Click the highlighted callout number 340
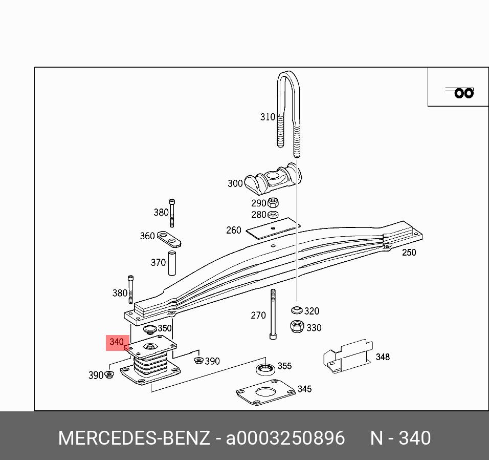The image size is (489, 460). pos(117,342)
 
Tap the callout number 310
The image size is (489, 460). pos(268,117)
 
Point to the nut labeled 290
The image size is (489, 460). pos(273,202)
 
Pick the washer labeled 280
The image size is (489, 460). pos(273,214)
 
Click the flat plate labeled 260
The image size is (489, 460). pos(272,228)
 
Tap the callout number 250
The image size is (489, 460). pos(409,252)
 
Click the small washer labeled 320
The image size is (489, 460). pos(296,310)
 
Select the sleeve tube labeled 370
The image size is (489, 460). pos(173,262)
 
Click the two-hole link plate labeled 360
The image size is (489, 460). pos(169,238)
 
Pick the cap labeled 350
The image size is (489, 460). pos(150,329)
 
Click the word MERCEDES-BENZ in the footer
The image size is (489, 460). pos(134,438)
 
